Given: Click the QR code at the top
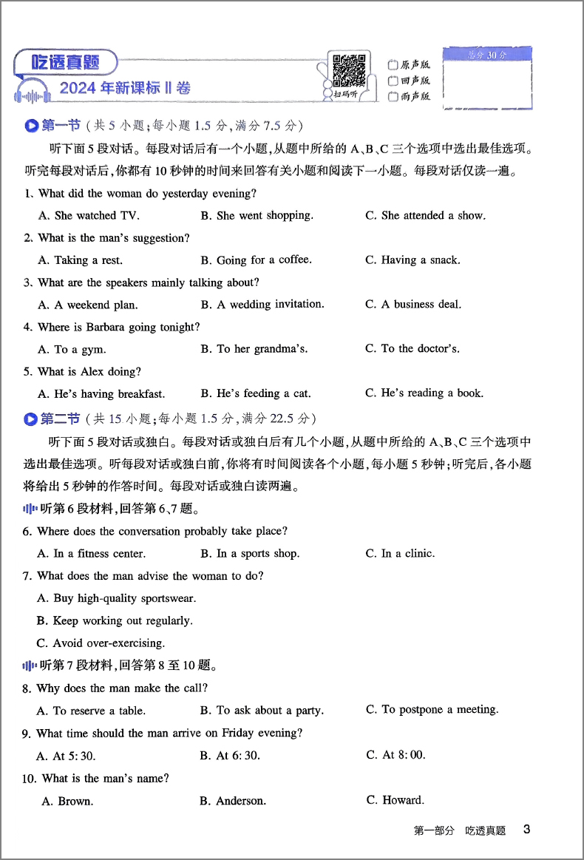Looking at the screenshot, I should pyautogui.click(x=349, y=72).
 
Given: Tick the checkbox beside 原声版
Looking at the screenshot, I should pyautogui.click(x=393, y=64).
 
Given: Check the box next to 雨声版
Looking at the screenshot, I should pyautogui.click(x=393, y=97).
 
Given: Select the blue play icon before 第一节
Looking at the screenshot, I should pyautogui.click(x=31, y=126).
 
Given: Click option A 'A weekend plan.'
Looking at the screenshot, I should pyautogui.click(x=88, y=305).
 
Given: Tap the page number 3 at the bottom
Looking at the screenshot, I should pyautogui.click(x=526, y=830).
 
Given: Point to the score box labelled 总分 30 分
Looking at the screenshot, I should pyautogui.click(x=488, y=77).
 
